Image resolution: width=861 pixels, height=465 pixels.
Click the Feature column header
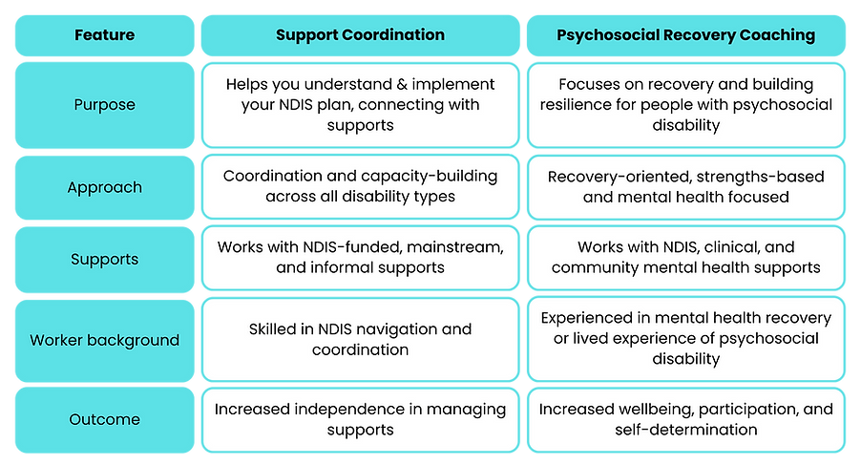pos(104,35)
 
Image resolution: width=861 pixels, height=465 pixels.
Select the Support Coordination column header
pos(360,35)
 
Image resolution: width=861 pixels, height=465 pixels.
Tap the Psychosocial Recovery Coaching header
pos(685,35)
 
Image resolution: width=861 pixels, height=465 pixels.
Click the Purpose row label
pos(104,105)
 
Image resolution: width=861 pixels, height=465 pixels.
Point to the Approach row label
pos(104,188)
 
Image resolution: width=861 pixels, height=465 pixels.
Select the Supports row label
pos(104,258)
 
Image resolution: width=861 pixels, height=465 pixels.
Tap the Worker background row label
pos(104,340)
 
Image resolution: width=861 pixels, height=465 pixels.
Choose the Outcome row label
pos(104,419)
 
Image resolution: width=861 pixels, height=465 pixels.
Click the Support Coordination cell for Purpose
pos(360,105)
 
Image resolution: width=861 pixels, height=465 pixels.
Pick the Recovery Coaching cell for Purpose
pos(685,105)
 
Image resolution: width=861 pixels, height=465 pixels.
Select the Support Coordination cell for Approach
pos(360,187)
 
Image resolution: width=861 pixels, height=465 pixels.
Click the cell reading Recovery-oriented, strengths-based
pos(685,187)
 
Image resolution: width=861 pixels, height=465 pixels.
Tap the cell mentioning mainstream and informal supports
pos(360,258)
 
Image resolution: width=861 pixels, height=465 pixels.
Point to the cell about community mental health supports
pos(685,258)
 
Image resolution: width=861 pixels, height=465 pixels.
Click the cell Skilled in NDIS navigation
pos(360,340)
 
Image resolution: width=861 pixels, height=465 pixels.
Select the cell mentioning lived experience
pos(685,339)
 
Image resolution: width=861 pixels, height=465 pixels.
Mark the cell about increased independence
pos(360,419)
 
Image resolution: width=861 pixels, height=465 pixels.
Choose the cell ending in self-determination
pos(685,419)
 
